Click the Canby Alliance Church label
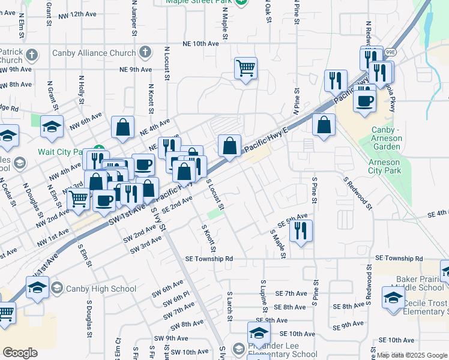pos(94,53)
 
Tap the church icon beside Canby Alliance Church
pos(145,53)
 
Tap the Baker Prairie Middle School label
pos(420,283)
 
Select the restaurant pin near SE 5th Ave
pos(301,230)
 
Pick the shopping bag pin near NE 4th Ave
pos(122,127)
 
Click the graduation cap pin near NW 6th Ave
pos(52,127)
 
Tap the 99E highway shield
pos(390,52)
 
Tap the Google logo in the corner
pos(20,353)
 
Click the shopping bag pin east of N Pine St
pos(324,125)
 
